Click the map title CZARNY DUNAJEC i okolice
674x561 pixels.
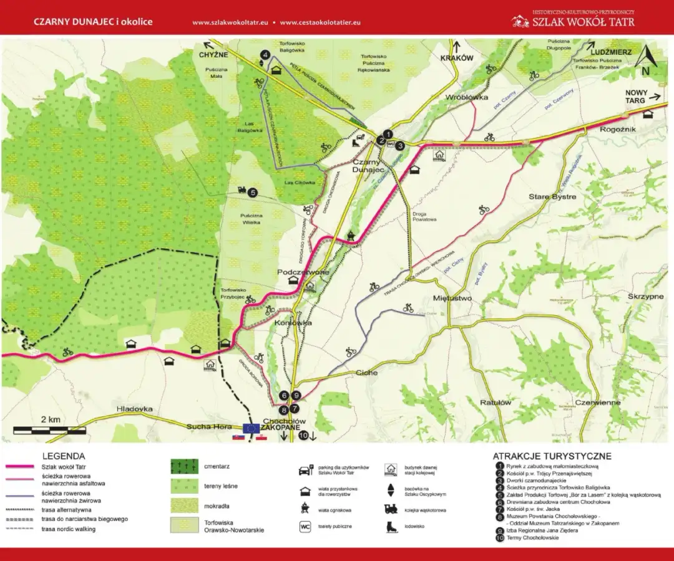click(x=93, y=22)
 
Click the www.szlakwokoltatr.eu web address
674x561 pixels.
click(x=230, y=22)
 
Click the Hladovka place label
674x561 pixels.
click(x=134, y=409)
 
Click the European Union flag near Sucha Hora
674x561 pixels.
click(x=252, y=428)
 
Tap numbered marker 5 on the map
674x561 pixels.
click(x=253, y=193)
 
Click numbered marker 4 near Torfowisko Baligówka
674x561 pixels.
click(x=265, y=55)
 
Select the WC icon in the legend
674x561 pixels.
click(x=305, y=527)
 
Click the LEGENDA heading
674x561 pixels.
click(x=64, y=456)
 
